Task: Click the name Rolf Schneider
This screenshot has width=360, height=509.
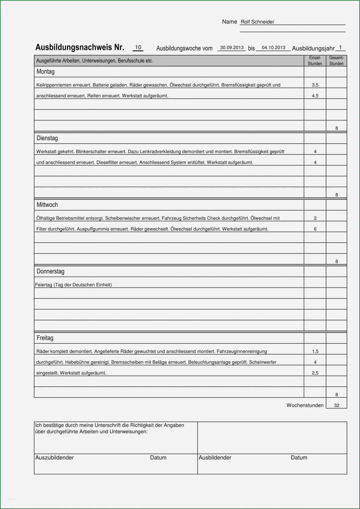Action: point(257,22)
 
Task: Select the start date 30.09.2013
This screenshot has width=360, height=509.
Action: point(232,48)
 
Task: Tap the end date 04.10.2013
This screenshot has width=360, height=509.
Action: point(274,48)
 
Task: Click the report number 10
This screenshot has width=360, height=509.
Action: point(138,47)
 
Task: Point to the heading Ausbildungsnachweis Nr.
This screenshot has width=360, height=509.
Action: point(80,47)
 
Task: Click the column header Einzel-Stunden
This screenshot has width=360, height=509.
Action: point(315,61)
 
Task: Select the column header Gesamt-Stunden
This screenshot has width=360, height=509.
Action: point(336,61)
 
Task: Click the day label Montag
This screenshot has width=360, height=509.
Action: point(46,72)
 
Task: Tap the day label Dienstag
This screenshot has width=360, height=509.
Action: point(47,138)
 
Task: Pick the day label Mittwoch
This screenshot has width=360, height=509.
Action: point(47,205)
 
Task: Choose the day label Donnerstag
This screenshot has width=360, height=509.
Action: point(50,271)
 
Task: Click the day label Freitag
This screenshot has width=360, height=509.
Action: point(45,338)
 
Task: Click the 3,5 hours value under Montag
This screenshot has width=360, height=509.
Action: point(315,85)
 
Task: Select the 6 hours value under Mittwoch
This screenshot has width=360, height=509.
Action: point(315,229)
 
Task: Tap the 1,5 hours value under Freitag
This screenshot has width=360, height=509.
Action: point(315,352)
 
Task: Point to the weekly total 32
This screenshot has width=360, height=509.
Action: point(337,406)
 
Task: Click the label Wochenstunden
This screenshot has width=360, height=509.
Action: point(305,405)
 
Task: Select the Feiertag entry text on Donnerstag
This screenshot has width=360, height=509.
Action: point(73,285)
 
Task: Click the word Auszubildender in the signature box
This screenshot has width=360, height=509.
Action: point(55,457)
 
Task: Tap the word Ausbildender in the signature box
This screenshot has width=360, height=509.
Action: point(215,457)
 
